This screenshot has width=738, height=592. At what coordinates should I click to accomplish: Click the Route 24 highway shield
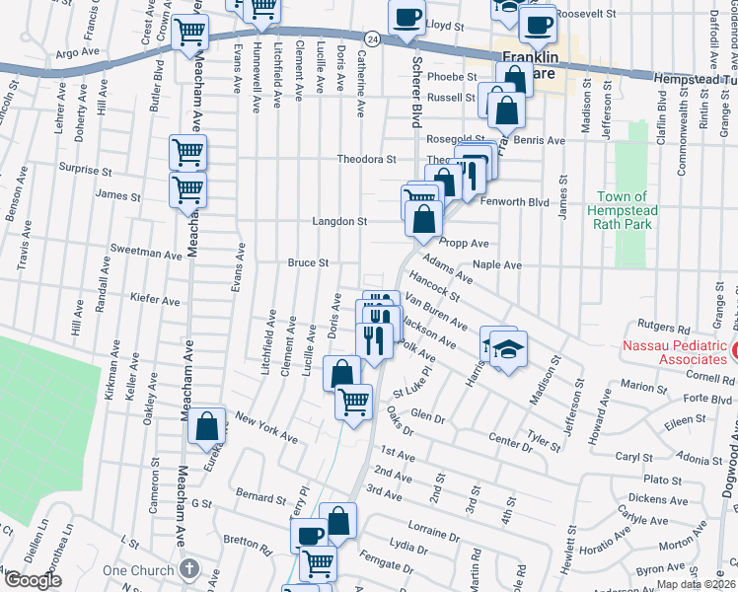tap(370, 38)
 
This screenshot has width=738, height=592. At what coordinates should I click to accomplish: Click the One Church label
tap(138, 570)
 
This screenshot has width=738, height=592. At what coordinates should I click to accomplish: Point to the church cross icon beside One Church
tap(188, 570)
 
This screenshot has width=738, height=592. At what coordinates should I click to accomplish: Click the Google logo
tap(33, 580)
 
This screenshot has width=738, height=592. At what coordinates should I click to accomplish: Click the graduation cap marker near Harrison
tap(509, 348)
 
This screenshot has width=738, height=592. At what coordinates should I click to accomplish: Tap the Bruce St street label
tap(308, 263)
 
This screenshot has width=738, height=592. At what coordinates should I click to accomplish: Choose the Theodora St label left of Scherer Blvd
tap(366, 159)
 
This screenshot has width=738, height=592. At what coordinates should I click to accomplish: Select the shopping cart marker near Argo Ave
tap(189, 33)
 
